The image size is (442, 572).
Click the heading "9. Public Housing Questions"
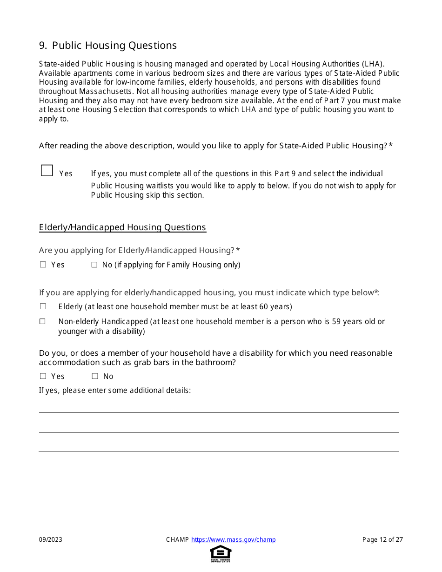pos(108,46)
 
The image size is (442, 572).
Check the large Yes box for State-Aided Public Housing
pos(47,171)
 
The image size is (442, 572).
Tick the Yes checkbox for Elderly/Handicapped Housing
pos(43,265)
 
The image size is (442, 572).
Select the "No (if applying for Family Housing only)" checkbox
pos(94,265)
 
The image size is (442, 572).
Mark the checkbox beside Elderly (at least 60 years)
pos(43,306)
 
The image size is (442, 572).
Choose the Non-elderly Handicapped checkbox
pos(43,321)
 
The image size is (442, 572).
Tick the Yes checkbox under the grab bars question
pos(43,376)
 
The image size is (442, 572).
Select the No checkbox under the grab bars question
pos(95,376)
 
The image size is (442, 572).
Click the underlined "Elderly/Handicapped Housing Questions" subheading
pos(122,227)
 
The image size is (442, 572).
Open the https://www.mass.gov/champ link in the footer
pos(234,540)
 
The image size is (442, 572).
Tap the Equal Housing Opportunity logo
pos(221,553)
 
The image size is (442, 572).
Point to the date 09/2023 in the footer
pos(51,540)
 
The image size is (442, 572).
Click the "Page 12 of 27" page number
pos(382,540)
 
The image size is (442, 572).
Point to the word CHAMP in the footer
pos(177,540)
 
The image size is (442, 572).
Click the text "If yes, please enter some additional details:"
pos(115,391)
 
